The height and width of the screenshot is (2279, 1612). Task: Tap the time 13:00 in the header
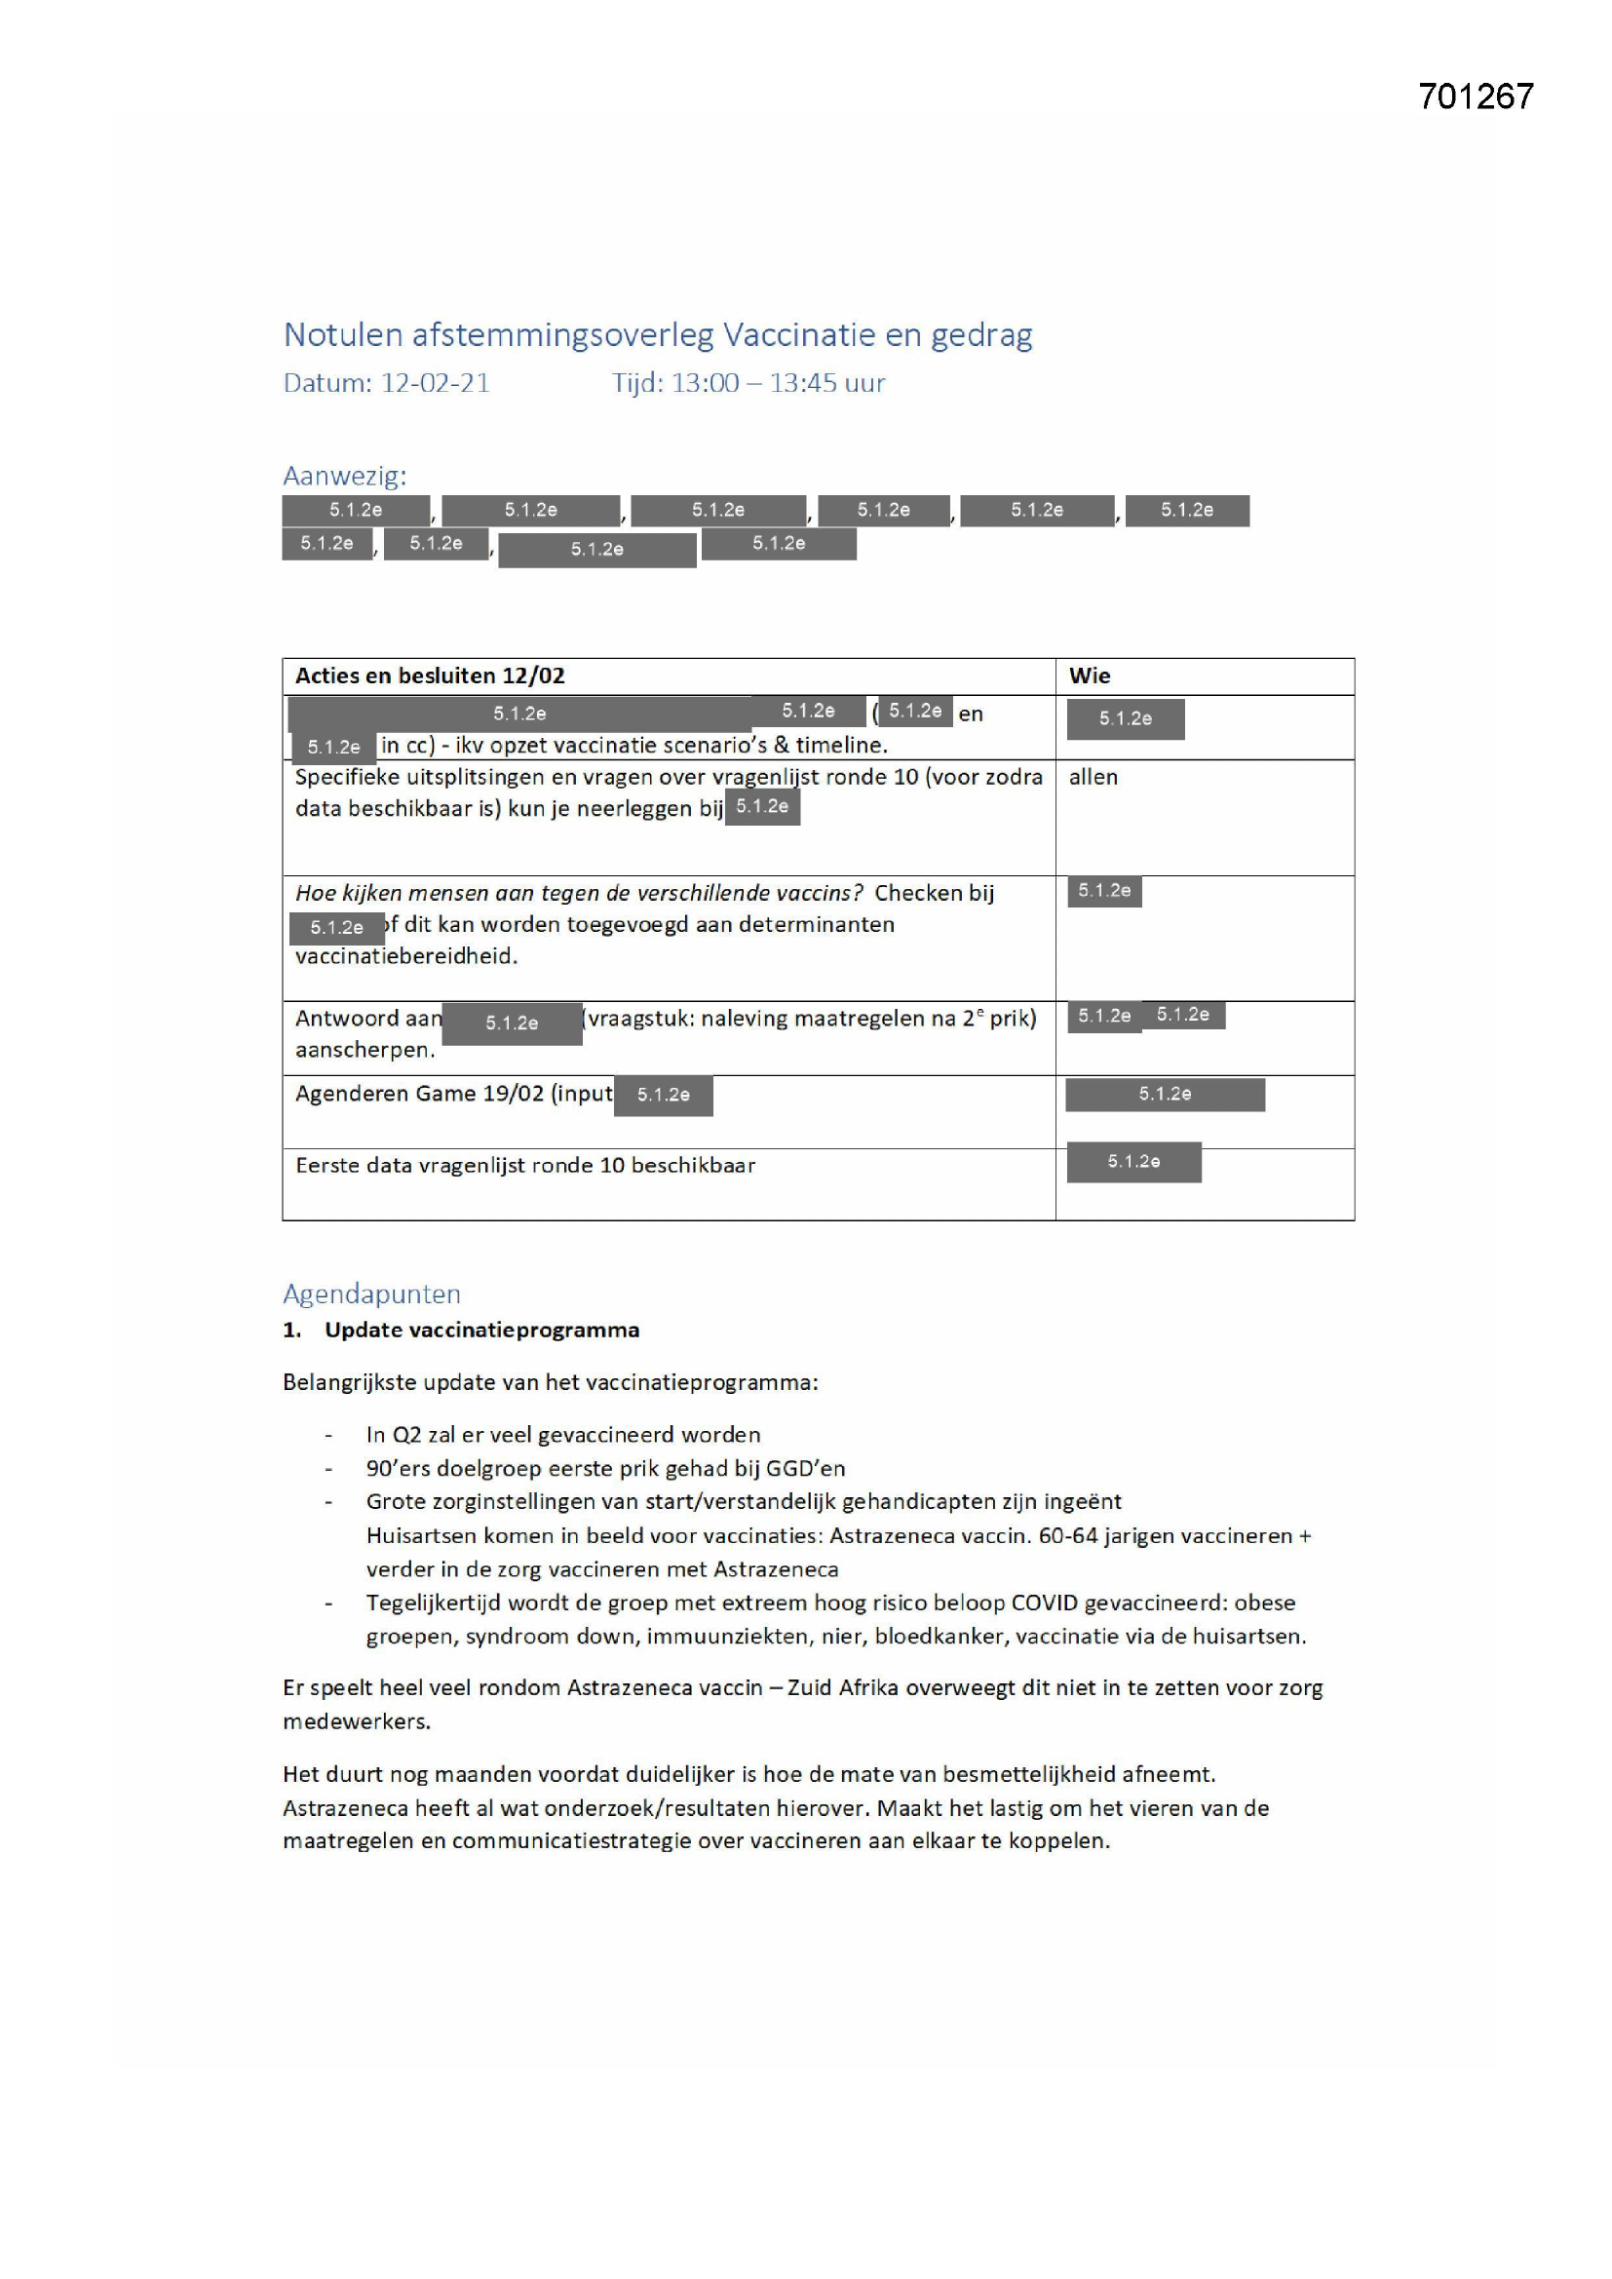(705, 383)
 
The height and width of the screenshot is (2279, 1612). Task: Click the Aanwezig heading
(344, 477)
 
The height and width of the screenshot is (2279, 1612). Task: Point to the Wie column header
(1089, 676)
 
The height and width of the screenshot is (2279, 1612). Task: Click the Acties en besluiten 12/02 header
(430, 676)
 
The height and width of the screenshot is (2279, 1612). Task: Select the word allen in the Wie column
(1093, 777)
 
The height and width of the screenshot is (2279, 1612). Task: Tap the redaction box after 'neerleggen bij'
(762, 807)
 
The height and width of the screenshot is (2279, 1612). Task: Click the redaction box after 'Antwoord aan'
(512, 1024)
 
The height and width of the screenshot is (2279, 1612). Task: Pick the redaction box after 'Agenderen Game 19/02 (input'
(663, 1095)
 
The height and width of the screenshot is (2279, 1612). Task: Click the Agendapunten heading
(371, 1294)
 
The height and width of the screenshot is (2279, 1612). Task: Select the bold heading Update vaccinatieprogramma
(481, 1331)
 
